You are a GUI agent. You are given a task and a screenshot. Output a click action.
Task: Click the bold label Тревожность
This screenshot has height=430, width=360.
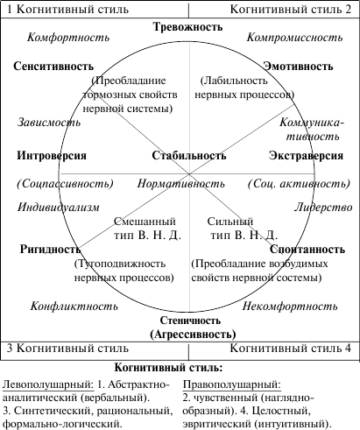click(x=188, y=27)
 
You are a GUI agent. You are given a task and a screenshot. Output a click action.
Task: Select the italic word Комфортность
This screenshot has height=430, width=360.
click(x=68, y=38)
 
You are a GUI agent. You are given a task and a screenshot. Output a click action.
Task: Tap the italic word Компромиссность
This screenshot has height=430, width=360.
click(x=294, y=38)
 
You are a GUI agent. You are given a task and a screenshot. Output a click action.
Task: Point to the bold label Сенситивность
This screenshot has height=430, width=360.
click(x=53, y=67)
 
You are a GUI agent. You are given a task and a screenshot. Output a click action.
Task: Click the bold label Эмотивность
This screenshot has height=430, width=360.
click(x=298, y=67)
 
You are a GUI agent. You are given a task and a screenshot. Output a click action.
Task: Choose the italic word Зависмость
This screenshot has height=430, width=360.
click(x=49, y=122)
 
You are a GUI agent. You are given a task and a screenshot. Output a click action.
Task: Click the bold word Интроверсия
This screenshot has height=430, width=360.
click(x=52, y=156)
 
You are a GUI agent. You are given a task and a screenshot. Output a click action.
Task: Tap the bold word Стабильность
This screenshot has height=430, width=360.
click(x=189, y=156)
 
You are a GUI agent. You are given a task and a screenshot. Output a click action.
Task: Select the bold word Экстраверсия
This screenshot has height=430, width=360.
click(x=306, y=156)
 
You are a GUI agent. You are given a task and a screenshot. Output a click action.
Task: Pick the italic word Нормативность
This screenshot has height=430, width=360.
click(x=181, y=184)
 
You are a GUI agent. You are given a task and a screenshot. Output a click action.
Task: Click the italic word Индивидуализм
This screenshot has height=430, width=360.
click(x=59, y=208)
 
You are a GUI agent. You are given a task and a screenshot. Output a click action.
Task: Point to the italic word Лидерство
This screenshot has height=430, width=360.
click(x=323, y=208)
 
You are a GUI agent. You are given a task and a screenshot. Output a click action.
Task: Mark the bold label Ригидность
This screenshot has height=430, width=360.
click(x=50, y=250)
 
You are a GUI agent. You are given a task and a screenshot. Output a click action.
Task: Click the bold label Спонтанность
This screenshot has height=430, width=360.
click(x=307, y=250)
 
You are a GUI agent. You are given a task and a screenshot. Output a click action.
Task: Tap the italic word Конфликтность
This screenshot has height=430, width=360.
click(x=74, y=307)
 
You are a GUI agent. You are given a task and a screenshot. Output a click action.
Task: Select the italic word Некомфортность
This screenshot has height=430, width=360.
click(x=290, y=307)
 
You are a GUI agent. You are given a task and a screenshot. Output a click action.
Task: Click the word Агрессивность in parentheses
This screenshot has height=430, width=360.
click(x=193, y=335)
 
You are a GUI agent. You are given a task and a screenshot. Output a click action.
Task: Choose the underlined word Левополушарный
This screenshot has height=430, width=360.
click(x=48, y=385)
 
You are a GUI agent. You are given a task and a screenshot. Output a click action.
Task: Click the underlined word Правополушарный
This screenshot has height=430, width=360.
click(x=232, y=385)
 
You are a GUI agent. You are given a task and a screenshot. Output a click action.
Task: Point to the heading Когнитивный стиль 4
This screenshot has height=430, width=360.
click(x=290, y=349)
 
